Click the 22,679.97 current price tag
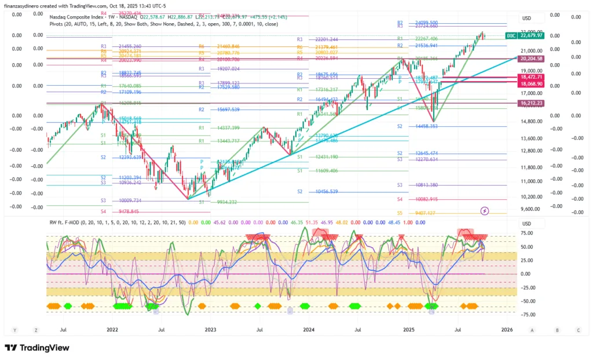click(x=532, y=35)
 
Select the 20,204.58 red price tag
click(x=532, y=58)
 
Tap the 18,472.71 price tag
click(x=532, y=77)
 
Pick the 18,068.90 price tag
click(x=532, y=84)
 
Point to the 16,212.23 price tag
click(x=532, y=103)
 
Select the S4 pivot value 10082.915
click(x=426, y=199)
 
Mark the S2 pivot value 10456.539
click(x=327, y=192)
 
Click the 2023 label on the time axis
click(x=210, y=330)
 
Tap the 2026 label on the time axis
click(x=506, y=330)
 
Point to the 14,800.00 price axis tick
click(x=532, y=121)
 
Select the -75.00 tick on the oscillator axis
click(x=526, y=315)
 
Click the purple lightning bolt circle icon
click(x=485, y=211)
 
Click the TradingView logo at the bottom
click(x=38, y=348)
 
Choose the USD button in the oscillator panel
click(x=526, y=224)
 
